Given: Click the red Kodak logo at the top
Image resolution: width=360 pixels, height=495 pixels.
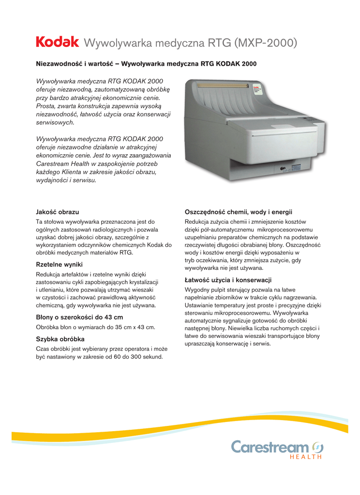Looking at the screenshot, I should tap(57, 43).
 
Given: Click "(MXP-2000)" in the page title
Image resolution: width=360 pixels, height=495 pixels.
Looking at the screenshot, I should tap(265, 44).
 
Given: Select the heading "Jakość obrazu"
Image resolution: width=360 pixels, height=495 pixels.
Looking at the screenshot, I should tap(58, 212).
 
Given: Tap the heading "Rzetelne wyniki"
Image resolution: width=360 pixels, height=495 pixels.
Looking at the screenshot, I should tap(60, 264).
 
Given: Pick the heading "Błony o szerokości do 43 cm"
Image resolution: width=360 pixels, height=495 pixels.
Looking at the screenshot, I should tap(79, 317).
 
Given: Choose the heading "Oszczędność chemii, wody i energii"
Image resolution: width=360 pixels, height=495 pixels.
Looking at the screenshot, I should tap(239, 212).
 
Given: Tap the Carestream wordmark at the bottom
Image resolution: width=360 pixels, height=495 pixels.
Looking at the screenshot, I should tap(270, 447).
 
